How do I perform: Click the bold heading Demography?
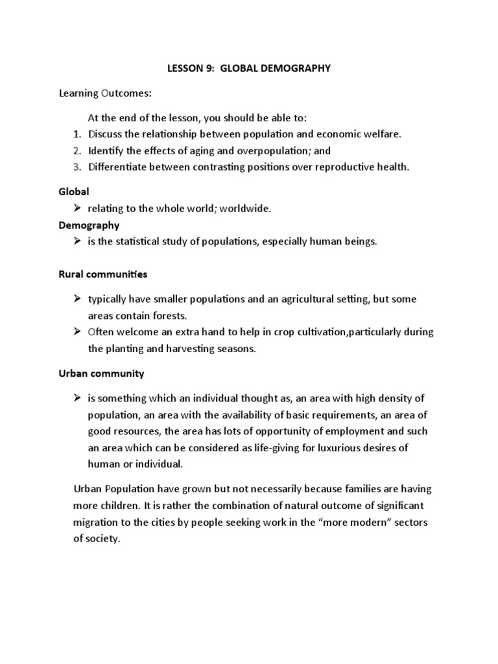click(88, 226)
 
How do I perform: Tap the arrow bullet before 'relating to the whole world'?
click(77, 208)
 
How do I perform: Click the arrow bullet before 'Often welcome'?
click(77, 332)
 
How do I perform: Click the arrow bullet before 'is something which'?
click(77, 397)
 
